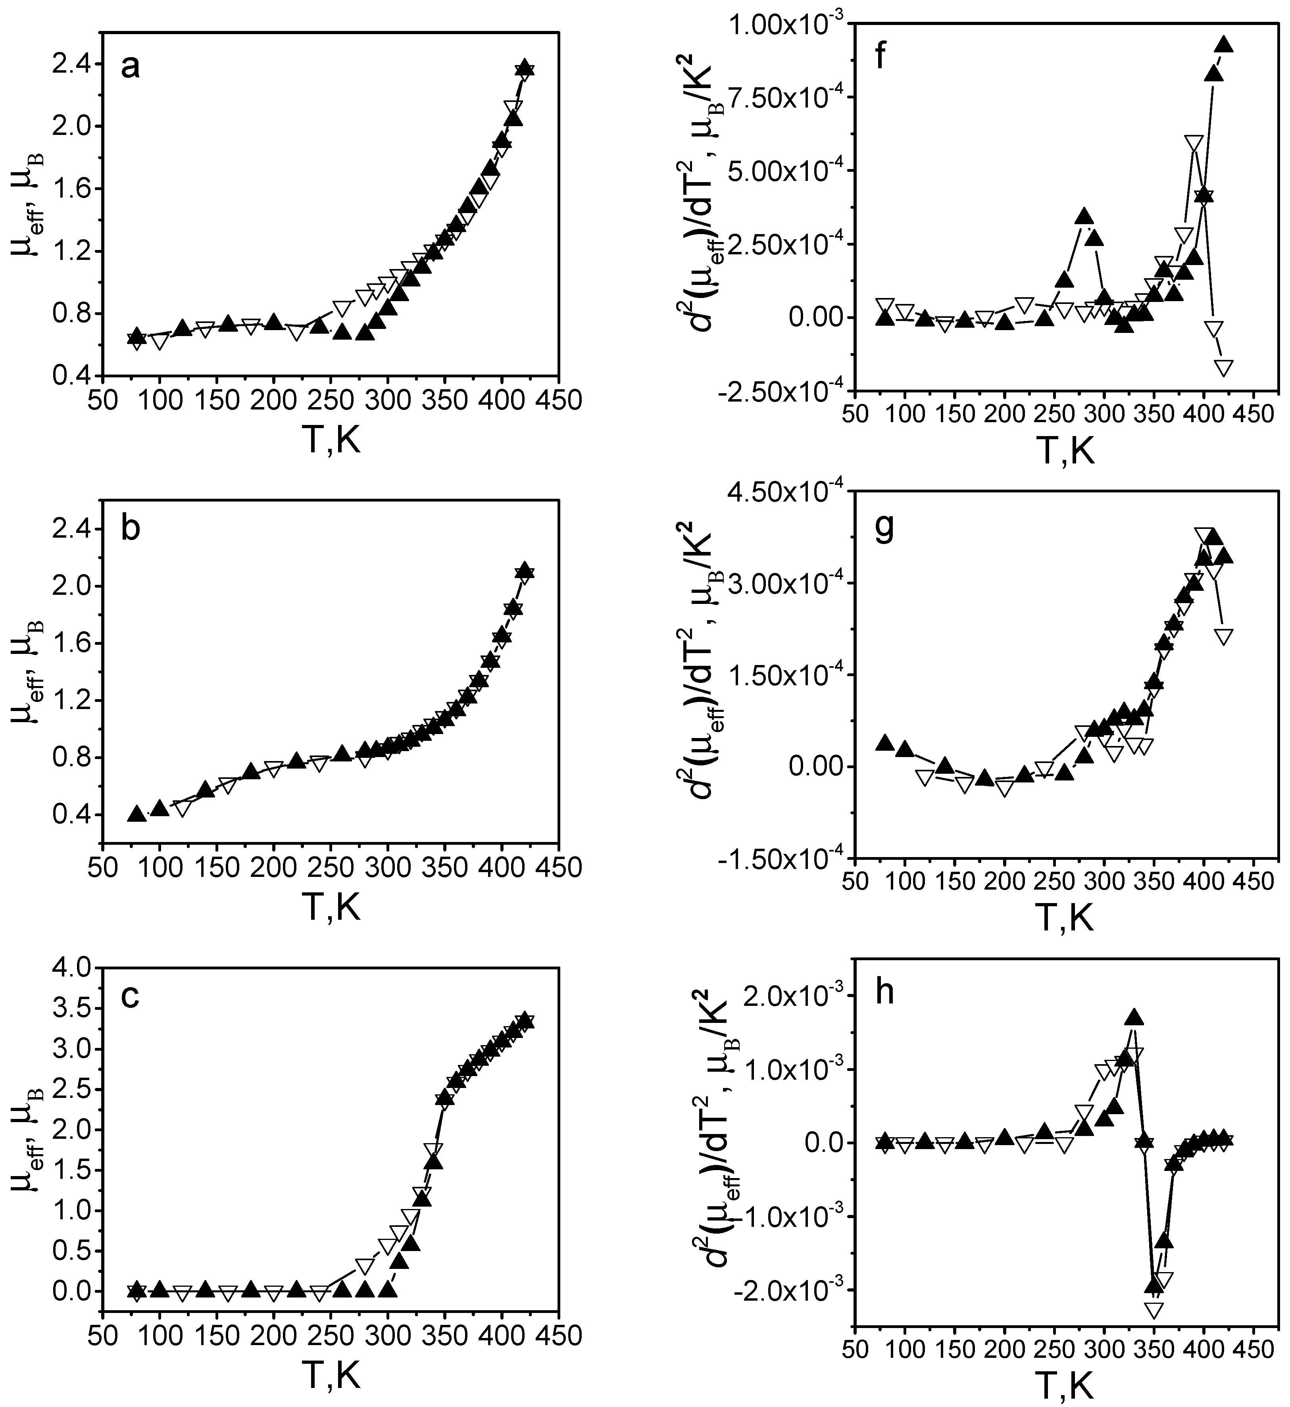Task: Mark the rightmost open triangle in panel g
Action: click(1223, 636)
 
